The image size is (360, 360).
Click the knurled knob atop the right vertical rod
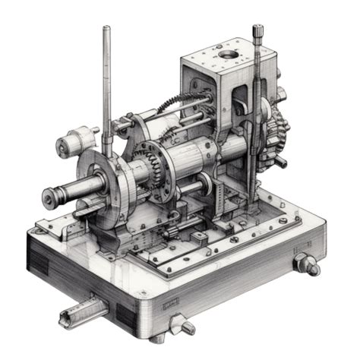258,32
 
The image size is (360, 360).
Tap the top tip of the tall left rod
106,29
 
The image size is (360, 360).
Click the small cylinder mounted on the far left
76,141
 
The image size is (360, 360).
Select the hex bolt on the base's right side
308,264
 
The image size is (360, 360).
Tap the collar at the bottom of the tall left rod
109,141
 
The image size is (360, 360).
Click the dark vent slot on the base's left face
38,261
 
